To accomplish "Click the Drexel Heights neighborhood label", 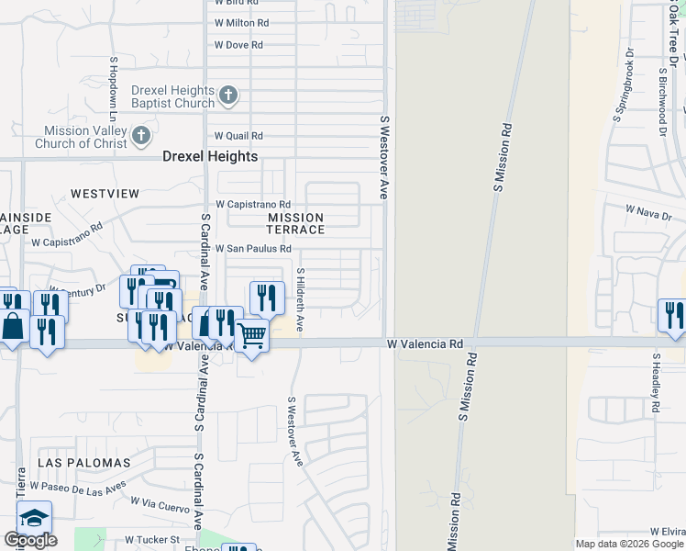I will tap(210, 156).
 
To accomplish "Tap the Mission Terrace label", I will tap(295, 223).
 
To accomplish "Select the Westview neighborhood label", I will tap(105, 194).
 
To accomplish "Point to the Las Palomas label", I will tap(84, 462).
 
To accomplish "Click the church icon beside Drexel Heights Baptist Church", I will tap(228, 94).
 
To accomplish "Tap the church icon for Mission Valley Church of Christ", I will tap(141, 137).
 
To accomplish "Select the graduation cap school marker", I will tap(34, 519).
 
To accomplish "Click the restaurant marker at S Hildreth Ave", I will tap(267, 297).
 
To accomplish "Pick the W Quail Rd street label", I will tap(238, 136).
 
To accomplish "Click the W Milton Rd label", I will tap(242, 23).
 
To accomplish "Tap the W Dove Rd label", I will tap(238, 45).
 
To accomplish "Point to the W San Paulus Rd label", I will tap(253, 249).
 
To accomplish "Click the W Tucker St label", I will tap(149, 540).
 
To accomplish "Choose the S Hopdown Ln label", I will tap(113, 90).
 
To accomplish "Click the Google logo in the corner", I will tap(30, 540).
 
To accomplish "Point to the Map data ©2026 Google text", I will tap(628, 544).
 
